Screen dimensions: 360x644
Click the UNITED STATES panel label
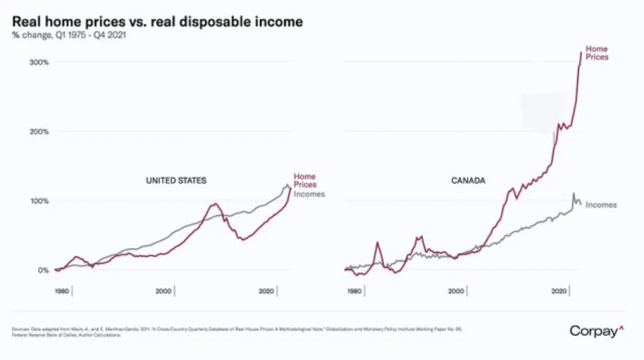(x=176, y=181)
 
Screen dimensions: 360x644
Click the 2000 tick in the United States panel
(x=164, y=292)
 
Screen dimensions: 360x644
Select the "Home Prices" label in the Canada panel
(x=597, y=53)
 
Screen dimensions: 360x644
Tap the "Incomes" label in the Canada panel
(x=601, y=205)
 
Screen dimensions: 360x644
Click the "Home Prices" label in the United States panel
(x=305, y=180)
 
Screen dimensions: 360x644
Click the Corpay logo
(x=597, y=330)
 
